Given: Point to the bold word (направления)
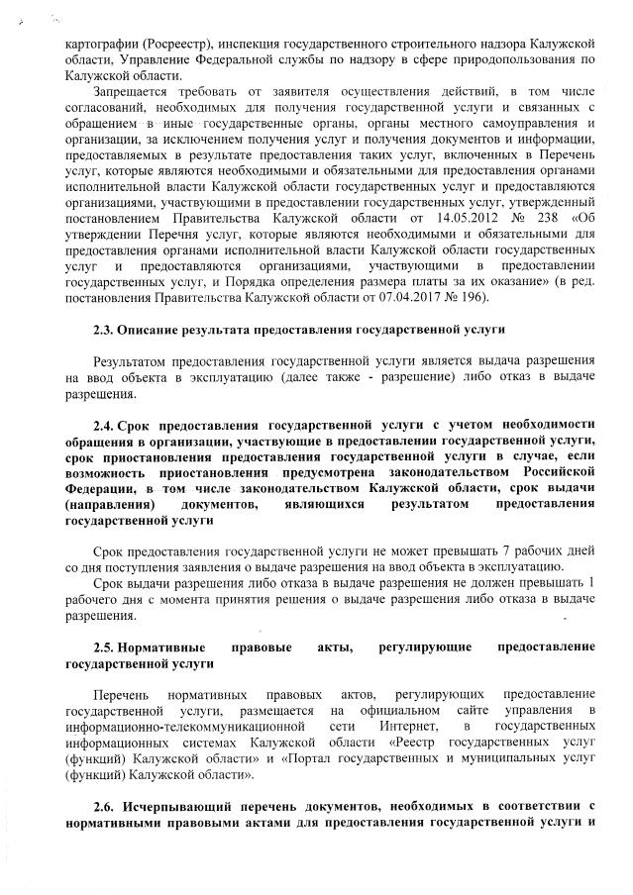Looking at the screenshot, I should [x=106, y=505].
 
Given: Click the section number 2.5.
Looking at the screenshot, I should [x=105, y=647].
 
